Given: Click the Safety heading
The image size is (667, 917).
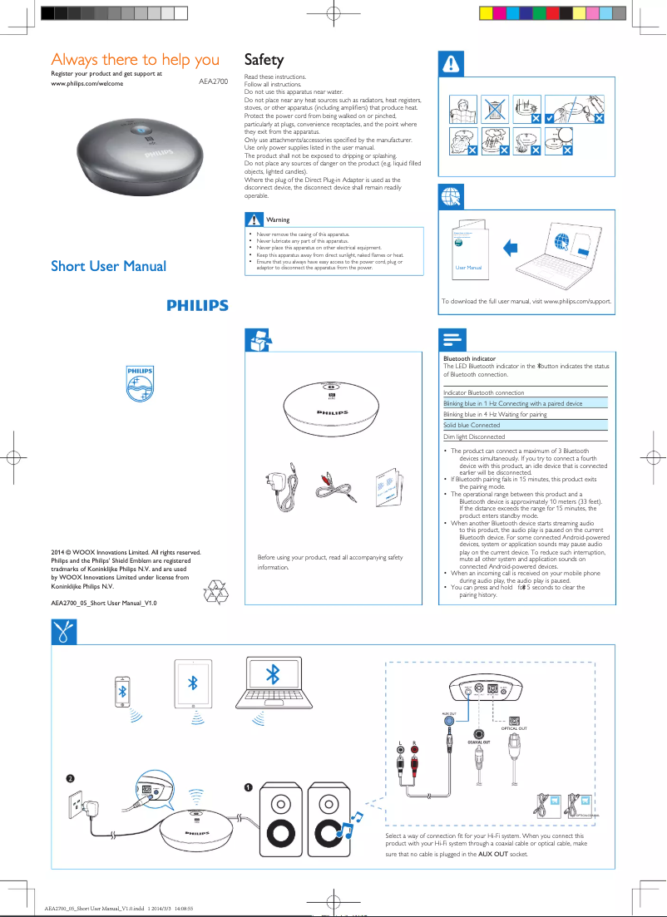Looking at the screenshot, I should point(264,60).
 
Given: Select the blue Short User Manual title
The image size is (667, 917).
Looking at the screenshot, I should point(108,266).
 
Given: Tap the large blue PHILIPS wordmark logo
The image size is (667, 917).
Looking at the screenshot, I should point(197,306).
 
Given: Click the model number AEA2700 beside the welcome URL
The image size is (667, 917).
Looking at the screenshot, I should point(213,84).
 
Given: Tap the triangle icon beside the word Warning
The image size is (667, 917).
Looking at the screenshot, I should point(253,219).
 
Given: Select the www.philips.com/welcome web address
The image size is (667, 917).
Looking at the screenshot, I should point(87,84).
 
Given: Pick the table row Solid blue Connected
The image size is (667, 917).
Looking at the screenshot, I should point(472,425).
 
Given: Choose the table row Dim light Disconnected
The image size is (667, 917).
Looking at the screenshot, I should point(474,436).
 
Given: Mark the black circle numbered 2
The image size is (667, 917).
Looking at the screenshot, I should point(72,777).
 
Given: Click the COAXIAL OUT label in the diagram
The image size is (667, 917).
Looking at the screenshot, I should point(478,742).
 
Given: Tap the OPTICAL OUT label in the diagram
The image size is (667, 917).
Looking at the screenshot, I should point(514,728).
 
